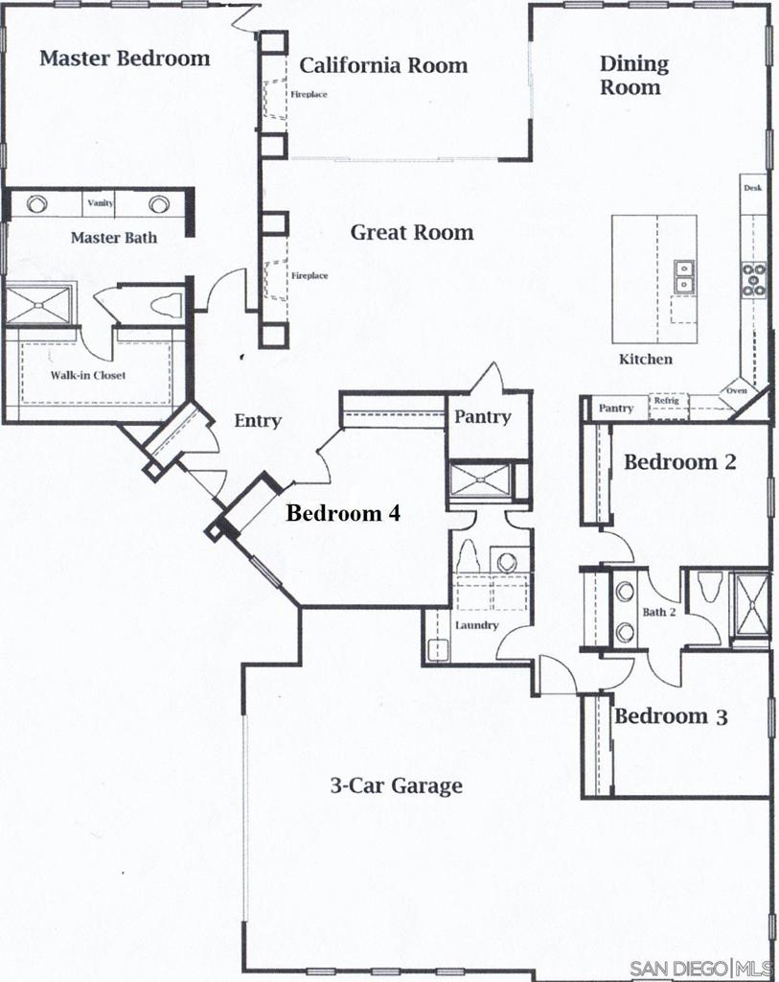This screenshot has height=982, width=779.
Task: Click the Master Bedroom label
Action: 125,58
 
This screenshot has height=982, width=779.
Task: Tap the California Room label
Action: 383,65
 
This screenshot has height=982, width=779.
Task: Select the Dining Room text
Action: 632,76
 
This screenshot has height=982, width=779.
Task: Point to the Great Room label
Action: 411,232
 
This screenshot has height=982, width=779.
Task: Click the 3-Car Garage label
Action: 396,786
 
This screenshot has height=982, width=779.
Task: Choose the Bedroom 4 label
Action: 342,513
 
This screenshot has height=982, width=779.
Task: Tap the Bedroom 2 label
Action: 679,462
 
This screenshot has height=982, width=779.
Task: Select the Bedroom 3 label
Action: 671,716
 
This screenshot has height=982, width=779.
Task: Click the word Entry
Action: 258,421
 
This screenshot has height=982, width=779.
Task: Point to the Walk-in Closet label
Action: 88,375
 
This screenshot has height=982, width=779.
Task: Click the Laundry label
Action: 476,625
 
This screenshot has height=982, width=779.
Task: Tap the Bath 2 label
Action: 659,612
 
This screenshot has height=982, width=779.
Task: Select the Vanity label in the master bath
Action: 101,203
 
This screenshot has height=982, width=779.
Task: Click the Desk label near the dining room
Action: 753,188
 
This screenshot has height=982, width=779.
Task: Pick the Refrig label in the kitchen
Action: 666,401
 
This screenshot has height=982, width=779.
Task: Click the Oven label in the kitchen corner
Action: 736,390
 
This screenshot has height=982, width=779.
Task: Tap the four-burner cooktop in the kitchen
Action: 754,278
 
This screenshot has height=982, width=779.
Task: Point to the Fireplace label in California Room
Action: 309,95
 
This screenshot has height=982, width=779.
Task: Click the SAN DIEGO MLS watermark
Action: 701,967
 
